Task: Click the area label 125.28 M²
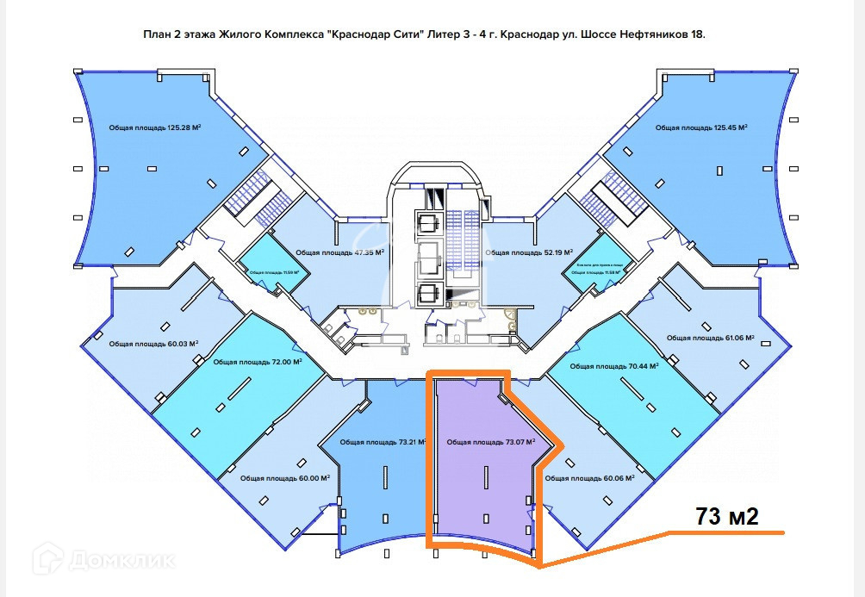pos(155,127)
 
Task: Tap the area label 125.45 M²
pos(700,127)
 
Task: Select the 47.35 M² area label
pos(339,252)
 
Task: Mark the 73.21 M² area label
pos(383,443)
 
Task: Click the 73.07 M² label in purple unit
pos(491,443)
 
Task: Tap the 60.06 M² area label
pos(590,477)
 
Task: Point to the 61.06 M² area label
pos(711,338)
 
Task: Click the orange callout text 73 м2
pos(727,516)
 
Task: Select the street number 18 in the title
pos(697,35)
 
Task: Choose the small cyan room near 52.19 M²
pos(591,269)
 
